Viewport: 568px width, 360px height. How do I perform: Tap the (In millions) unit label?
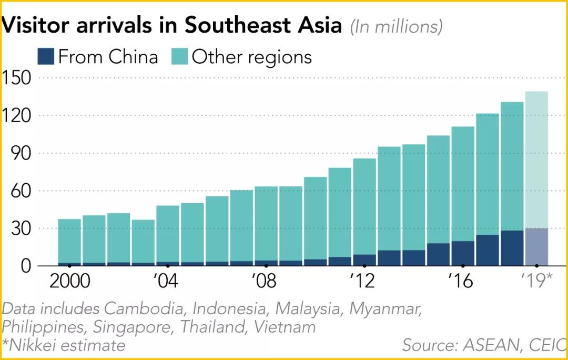point(396,27)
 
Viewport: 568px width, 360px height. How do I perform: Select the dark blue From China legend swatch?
point(46,56)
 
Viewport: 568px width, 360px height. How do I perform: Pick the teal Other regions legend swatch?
point(179,56)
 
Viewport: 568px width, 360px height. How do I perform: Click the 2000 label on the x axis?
point(69,281)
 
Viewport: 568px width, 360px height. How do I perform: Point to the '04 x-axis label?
point(167,281)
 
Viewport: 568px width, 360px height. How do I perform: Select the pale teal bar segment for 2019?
point(536,158)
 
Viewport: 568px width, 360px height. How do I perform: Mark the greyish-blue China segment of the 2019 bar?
point(536,247)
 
